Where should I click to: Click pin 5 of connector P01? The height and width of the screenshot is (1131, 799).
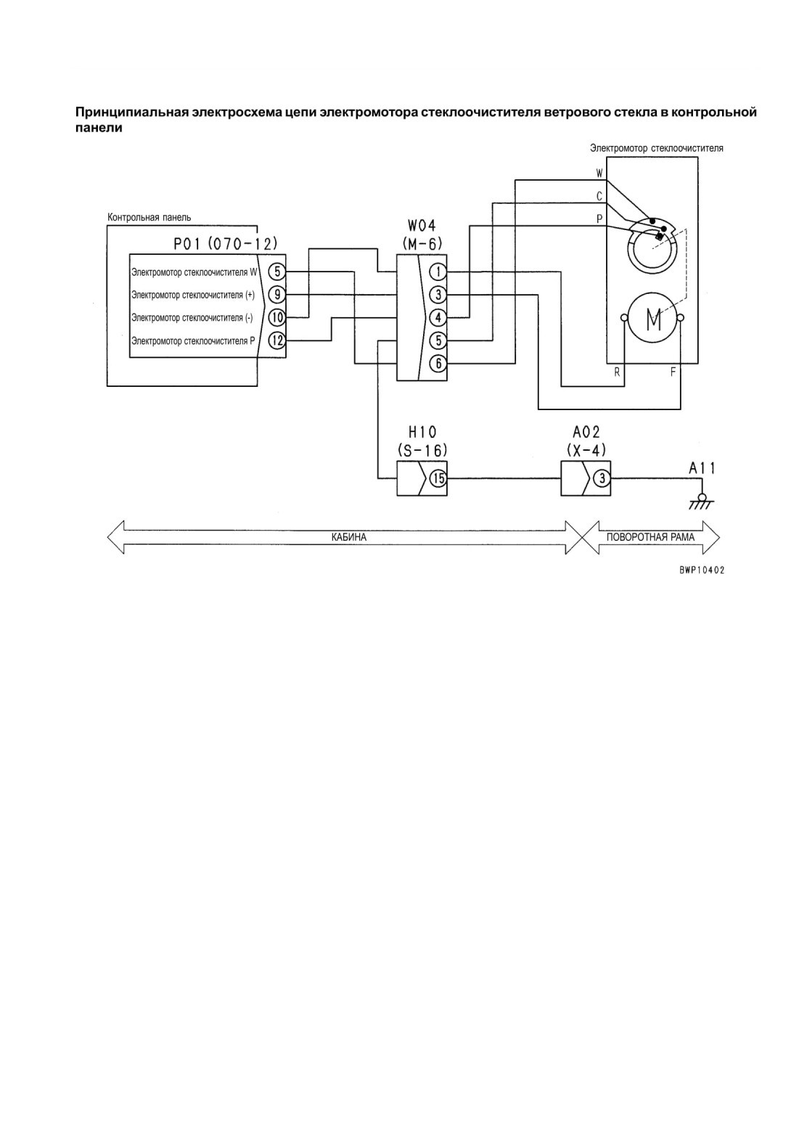coord(277,272)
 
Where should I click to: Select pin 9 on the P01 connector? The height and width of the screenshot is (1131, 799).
coord(277,294)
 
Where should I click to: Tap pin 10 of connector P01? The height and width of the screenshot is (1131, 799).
coord(277,317)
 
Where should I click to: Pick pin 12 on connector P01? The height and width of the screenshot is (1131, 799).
coord(277,340)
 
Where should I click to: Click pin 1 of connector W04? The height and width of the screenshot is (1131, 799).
coord(438,272)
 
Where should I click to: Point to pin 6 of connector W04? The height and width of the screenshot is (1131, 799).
coord(438,363)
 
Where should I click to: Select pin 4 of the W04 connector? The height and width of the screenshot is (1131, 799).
coord(438,317)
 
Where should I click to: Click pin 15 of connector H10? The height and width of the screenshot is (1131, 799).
coord(438,478)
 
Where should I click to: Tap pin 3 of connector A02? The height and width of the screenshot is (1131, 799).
coord(602,478)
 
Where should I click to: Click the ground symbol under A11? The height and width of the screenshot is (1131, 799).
coord(701,502)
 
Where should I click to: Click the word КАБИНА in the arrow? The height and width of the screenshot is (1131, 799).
coord(349,537)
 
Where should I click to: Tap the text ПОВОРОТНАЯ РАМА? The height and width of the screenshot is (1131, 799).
coord(650,537)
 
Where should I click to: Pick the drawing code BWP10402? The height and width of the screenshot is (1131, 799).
coord(701,570)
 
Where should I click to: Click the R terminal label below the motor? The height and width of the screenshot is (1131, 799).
coord(617,372)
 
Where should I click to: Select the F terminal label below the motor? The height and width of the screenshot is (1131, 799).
coord(673,372)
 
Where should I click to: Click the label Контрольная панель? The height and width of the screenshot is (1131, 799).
coord(149,218)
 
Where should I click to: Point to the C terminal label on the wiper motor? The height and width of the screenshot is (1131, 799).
coord(599,196)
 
